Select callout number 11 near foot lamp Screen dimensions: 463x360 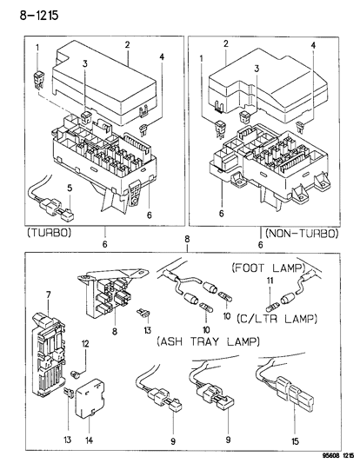[x=270, y=282]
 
